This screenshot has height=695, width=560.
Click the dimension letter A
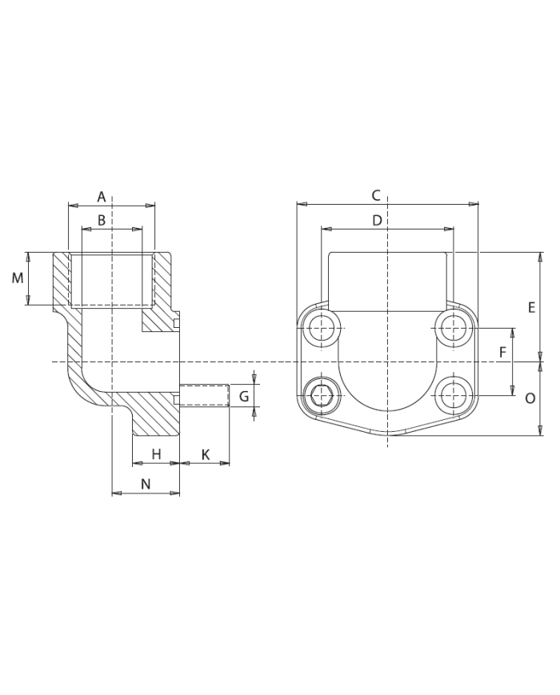102,197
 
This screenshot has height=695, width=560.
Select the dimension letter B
102,220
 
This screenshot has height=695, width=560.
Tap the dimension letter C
376,195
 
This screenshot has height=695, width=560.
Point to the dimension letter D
378,220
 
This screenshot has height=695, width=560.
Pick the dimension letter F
502,353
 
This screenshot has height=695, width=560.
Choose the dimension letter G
244,396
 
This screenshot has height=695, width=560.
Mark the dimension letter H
156,454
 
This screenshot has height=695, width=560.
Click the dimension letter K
205,454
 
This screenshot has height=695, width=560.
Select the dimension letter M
17,278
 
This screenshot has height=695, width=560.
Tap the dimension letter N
146,484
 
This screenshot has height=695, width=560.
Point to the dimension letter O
530,398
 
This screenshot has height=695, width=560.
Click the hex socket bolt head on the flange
322,393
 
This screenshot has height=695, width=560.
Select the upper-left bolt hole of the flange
322,326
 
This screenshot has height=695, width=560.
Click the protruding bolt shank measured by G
205,396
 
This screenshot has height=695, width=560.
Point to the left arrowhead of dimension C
301,204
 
